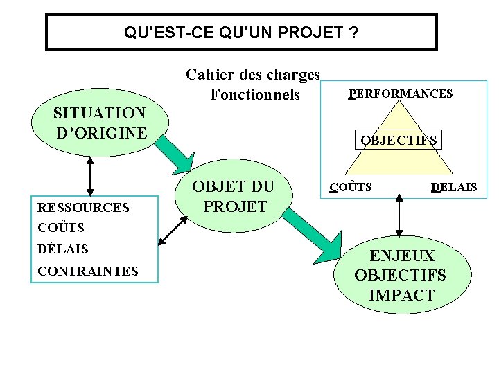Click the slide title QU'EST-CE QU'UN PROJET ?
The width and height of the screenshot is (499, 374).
click(241, 33)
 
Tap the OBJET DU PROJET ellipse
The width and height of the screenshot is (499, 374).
click(233, 197)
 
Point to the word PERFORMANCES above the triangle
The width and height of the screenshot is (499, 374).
click(401, 93)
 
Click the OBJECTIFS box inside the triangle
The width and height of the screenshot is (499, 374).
click(398, 141)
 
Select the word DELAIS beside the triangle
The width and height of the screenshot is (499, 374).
click(453, 187)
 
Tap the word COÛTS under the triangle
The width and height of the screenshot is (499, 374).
click(351, 187)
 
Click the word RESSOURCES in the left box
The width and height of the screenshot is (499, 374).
click(83, 207)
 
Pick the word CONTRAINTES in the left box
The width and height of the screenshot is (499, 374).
click(88, 271)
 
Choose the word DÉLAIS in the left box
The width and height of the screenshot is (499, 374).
click(63, 249)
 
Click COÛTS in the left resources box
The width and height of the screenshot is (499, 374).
click(60, 227)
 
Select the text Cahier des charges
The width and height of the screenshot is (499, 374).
click(253, 74)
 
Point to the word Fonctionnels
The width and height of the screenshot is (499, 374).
click(255, 94)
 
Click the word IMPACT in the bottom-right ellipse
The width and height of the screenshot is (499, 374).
click(401, 295)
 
